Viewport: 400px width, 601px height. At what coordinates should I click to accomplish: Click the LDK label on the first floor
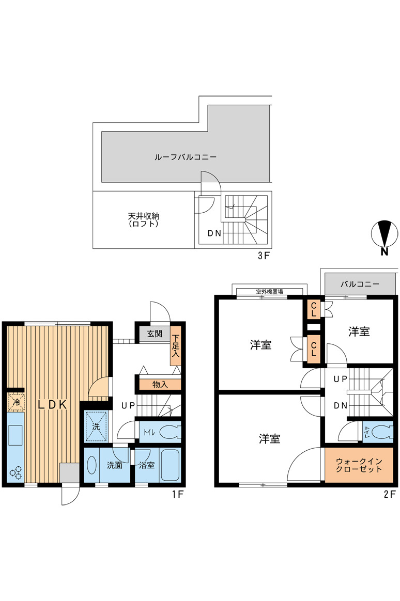52,404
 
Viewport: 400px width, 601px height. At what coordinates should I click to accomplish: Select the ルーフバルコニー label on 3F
185,157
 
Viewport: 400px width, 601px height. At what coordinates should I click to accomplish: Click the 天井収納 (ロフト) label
144,220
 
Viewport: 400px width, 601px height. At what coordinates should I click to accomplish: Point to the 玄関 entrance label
155,334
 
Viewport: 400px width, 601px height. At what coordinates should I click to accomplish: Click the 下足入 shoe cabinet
175,346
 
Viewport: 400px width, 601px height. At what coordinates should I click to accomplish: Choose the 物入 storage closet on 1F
160,385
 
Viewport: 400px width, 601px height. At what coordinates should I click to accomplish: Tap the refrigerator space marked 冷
16,402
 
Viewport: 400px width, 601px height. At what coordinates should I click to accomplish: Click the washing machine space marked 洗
96,426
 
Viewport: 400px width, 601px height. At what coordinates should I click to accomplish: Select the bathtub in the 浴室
170,465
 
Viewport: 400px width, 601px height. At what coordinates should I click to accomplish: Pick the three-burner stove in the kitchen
16,473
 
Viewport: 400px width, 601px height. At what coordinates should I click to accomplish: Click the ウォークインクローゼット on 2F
359,465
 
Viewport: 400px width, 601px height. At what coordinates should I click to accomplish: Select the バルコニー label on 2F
360,284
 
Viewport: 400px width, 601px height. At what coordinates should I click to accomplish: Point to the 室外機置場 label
270,292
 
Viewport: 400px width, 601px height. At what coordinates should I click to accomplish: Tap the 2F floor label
389,495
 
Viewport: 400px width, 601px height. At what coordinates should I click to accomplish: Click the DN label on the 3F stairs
214,233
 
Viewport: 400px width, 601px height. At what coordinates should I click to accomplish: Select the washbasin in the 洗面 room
91,465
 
